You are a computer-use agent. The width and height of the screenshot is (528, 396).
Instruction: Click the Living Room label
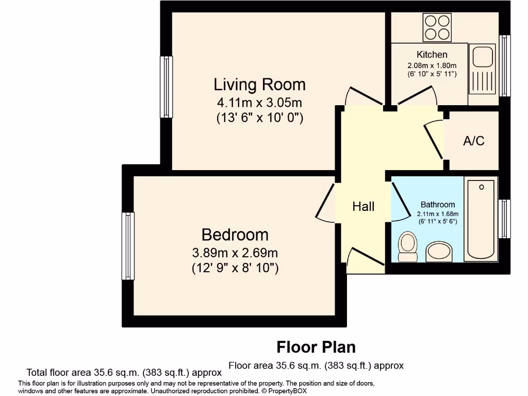pos(260,85)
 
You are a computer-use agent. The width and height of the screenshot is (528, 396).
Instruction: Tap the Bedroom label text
pos(235,235)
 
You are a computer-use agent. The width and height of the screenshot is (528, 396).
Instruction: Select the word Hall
pos(364,206)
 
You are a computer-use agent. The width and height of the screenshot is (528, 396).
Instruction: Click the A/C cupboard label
pos(474,141)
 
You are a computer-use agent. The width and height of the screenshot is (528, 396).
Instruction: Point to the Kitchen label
pos(432,55)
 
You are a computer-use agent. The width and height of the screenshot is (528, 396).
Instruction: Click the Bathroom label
pos(438,204)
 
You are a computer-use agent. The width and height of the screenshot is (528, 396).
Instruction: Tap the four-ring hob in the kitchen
pos(437,27)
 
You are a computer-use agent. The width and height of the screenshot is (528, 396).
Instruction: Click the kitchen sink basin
pos(483,57)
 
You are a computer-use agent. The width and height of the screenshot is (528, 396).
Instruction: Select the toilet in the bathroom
pos(408,246)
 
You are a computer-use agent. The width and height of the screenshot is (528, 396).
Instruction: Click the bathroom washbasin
pos(439,251)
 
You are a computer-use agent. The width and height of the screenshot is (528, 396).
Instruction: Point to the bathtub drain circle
pos(482,187)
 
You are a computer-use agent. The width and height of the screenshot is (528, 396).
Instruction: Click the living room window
pos(167,87)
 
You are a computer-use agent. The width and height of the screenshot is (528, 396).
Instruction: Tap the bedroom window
pos(128,246)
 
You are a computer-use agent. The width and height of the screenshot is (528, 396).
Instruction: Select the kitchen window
pos(505,65)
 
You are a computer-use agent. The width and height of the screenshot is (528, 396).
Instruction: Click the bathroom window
pos(505,219)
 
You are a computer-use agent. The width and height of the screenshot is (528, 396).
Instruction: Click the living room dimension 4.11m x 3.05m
pos(260,102)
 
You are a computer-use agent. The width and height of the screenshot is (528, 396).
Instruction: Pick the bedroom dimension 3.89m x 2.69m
pos(235,252)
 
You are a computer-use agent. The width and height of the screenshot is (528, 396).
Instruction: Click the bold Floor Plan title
pos(316,347)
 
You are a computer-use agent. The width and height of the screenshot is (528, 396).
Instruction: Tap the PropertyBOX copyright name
pos(288,391)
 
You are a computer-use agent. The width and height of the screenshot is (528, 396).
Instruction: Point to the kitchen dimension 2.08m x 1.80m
pos(432,65)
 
